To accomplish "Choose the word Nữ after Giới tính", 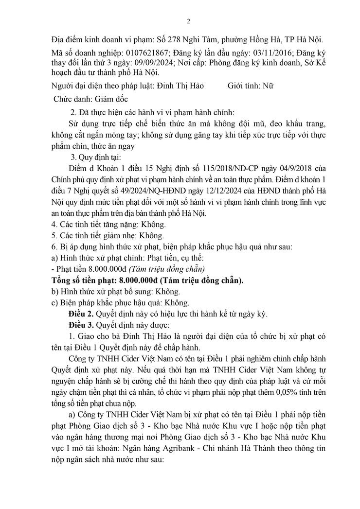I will click(268, 86).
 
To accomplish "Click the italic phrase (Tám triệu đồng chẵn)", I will click(166, 269).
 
